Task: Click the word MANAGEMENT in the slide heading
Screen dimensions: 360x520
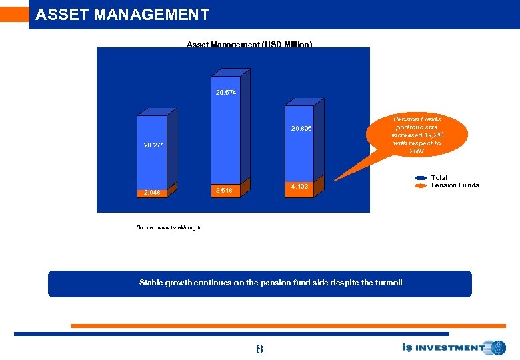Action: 147,15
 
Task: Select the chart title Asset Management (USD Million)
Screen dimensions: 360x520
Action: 249,45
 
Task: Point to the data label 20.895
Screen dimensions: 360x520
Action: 301,129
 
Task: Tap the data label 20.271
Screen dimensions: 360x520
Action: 153,145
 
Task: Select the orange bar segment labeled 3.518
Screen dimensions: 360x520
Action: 227,190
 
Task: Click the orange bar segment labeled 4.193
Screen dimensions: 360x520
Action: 299,186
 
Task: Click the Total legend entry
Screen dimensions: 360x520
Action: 439,178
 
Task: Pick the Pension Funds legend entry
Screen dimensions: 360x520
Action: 455,185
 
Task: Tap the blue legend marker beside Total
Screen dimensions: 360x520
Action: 421,178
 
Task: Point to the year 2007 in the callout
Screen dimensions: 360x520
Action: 417,151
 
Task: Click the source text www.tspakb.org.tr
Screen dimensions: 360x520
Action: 178,228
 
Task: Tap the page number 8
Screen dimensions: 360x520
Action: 259,349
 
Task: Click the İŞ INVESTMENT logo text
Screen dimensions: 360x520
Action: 443,347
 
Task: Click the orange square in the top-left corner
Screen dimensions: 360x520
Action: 14,14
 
